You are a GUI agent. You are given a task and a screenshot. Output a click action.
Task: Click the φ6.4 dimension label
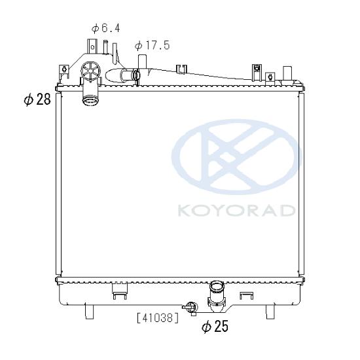(105, 28)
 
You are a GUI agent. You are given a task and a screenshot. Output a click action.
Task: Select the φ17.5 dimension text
(153, 45)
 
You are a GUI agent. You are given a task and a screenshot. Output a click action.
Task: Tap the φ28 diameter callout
(37, 99)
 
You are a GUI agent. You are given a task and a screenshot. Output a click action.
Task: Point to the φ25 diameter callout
(215, 326)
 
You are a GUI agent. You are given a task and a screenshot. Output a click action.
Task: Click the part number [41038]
(158, 318)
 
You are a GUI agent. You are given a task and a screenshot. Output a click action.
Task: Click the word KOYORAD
(236, 210)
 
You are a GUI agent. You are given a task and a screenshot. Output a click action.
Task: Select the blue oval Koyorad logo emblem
(237, 157)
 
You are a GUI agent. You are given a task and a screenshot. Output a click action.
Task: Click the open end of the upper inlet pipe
(90, 101)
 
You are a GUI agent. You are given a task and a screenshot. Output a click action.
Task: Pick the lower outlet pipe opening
(217, 286)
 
